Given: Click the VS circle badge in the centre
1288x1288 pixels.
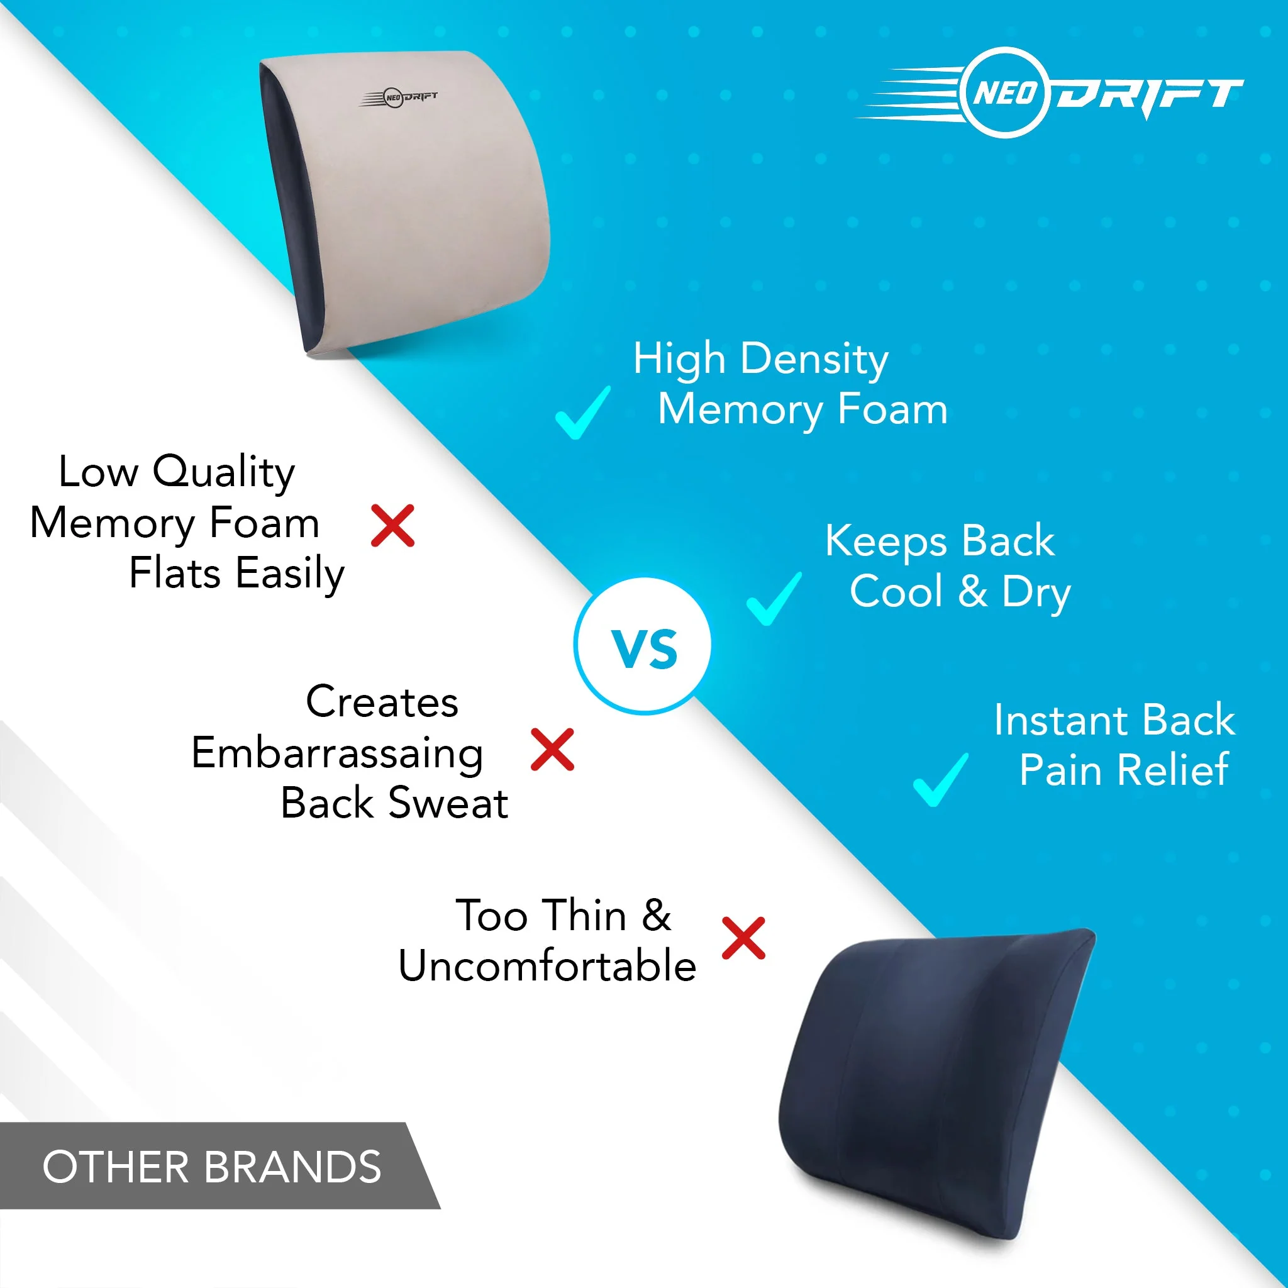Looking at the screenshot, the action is [643, 646].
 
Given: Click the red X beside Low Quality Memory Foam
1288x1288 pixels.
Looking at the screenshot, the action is [392, 526].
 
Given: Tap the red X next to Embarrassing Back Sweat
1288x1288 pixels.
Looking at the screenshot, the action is [553, 749].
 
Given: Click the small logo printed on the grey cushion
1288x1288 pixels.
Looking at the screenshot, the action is [399, 98].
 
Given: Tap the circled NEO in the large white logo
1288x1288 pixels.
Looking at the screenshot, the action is [1006, 92].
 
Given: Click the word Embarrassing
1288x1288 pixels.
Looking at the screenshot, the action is [337, 754].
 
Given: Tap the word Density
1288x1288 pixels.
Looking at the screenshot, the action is [814, 360].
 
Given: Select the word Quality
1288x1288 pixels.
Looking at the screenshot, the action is [224, 473].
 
